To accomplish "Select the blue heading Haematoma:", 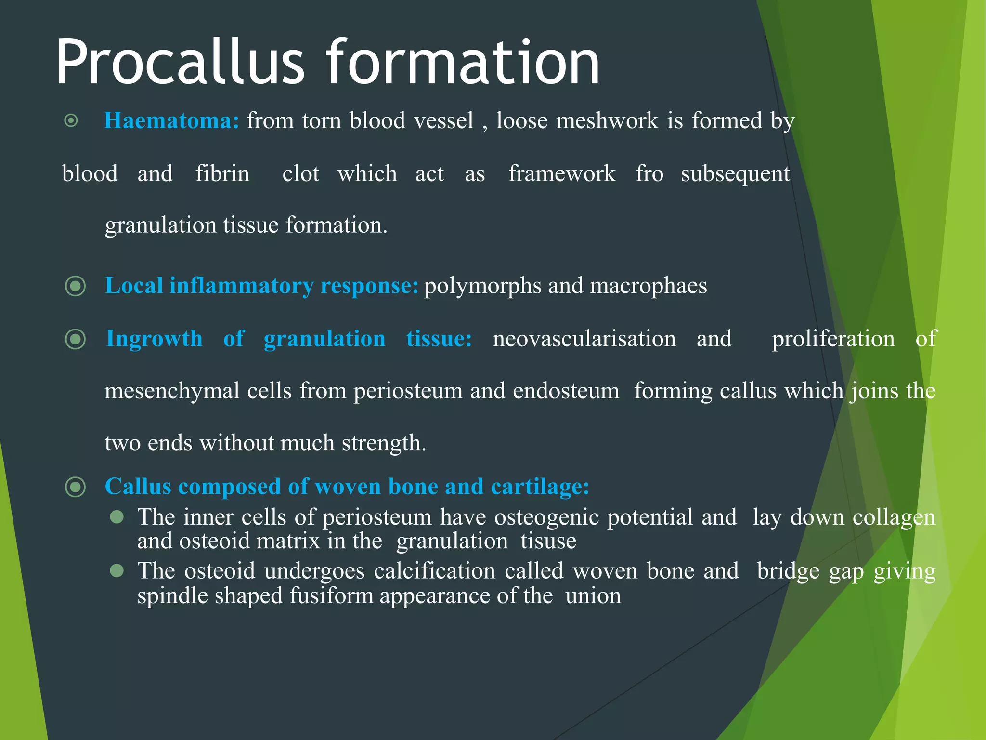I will coord(171,120).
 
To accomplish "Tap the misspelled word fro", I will coord(649,173).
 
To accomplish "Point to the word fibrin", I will coord(222,173).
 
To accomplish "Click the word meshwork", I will coord(607,120).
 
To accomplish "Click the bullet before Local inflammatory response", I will coord(76,286).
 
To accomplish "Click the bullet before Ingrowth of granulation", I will coord(76,339).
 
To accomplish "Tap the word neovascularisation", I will coord(584,339).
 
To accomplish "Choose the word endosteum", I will coord(566,391).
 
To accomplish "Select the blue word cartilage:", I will coord(540,487).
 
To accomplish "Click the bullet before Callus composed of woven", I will coord(76,487).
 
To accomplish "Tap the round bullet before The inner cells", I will coord(117,517).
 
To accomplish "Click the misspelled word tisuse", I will coord(548,541).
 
